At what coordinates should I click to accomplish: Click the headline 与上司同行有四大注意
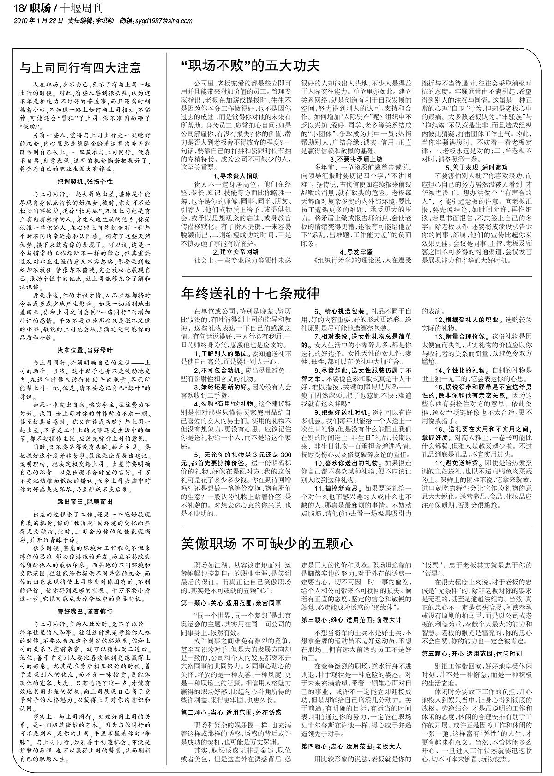point(80,68)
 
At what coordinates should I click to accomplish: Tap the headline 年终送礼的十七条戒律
point(251,293)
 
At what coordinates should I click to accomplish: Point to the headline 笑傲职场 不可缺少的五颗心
point(267,544)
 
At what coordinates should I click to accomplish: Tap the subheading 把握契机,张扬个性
point(85,182)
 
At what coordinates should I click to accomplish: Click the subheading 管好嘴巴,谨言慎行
point(85,611)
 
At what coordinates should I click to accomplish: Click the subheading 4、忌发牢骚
point(356,252)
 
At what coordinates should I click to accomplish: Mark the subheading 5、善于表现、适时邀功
point(477,167)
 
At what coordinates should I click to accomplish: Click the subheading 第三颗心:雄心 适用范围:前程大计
point(351,619)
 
